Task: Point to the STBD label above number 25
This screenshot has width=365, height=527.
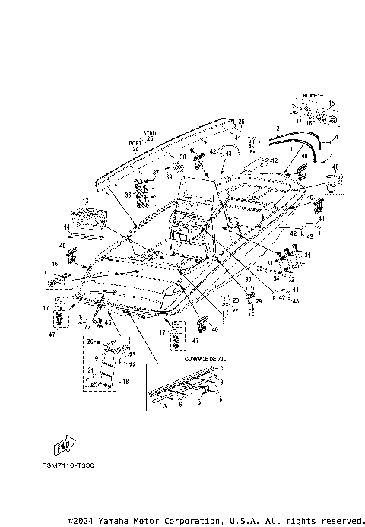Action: [148, 133]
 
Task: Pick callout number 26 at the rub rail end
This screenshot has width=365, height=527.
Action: [240, 122]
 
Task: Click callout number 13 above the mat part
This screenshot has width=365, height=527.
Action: [85, 201]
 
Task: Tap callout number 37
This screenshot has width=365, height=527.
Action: [154, 173]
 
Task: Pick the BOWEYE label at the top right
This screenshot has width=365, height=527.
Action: [313, 96]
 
